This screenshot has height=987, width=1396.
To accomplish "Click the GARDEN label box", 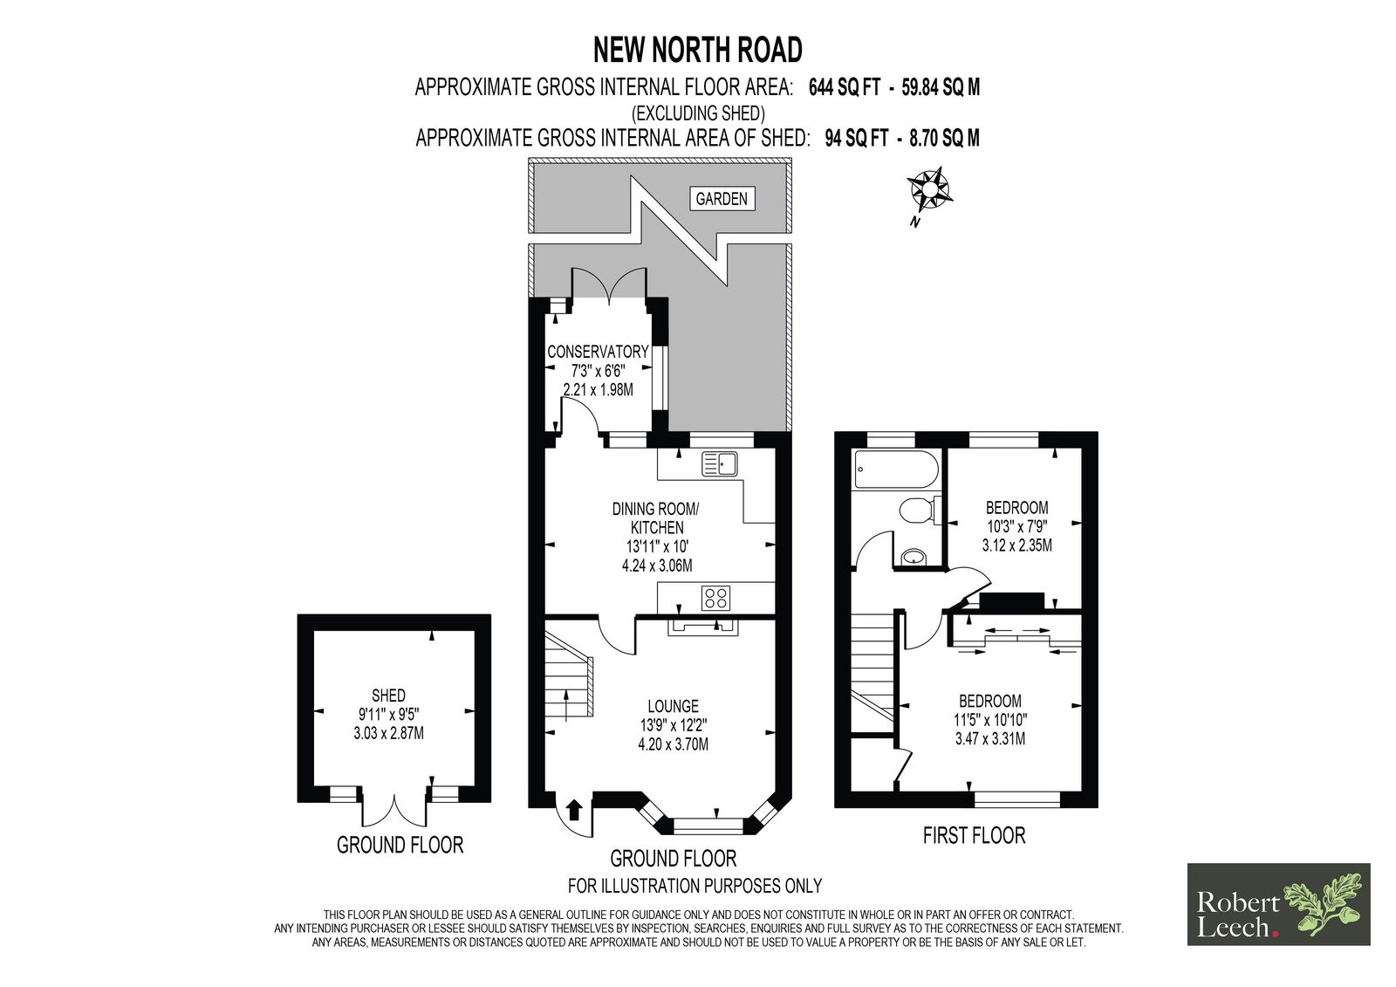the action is click(722, 198).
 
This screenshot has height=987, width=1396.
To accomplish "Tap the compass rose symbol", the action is click(928, 189).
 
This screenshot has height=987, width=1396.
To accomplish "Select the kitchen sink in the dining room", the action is click(720, 464).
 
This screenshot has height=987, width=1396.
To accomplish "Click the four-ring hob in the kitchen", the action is click(716, 598).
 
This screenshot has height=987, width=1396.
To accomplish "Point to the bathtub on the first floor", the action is click(897, 469).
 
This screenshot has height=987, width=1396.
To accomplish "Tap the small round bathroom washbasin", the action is click(914, 556).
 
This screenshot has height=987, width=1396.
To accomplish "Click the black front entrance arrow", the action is click(575, 811).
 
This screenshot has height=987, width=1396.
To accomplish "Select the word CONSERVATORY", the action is click(598, 352).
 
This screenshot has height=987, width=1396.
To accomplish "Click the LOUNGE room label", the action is click(673, 706).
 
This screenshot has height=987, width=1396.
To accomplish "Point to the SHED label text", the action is click(388, 696).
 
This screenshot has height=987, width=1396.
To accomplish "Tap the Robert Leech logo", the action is click(1279, 904).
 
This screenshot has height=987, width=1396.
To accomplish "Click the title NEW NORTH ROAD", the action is click(697, 50).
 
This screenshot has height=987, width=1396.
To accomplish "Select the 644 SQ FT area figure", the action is click(845, 87).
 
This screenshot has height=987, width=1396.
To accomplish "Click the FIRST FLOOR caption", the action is click(974, 835).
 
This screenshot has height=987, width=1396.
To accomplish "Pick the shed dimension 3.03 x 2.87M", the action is click(389, 733).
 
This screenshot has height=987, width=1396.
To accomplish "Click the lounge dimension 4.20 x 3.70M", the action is click(673, 744).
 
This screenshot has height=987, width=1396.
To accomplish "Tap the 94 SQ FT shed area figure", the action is click(856, 138).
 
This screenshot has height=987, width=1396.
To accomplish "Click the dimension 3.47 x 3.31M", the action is click(990, 739).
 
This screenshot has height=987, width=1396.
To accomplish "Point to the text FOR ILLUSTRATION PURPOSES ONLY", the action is click(695, 886).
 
